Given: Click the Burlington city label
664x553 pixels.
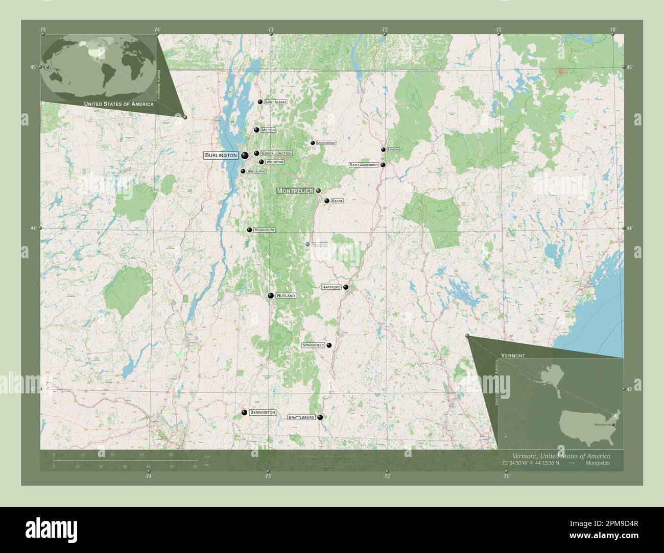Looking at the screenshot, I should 221,155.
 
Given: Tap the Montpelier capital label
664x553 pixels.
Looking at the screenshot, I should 295,191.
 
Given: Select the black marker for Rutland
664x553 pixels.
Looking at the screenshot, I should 271,295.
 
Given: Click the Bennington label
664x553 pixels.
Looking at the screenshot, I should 263,412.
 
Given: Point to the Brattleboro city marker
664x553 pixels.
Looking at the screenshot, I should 320,417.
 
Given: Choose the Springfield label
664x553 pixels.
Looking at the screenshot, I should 314,345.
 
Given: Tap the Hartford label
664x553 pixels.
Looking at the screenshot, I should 331,287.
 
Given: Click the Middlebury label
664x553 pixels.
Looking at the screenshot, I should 264,230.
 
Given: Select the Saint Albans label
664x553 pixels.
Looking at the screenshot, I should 275,102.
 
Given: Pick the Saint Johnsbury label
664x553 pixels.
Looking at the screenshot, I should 364,165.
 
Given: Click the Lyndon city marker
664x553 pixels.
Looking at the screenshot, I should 383,149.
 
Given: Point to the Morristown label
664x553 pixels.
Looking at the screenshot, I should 326,143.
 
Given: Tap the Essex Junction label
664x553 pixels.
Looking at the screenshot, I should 276,153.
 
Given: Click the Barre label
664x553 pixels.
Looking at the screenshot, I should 337,201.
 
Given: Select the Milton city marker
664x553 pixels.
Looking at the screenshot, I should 256,130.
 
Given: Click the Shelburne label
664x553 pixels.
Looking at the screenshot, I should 256,171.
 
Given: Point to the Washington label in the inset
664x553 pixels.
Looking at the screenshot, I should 603,424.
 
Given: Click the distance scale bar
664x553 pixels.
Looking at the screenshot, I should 125,461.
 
